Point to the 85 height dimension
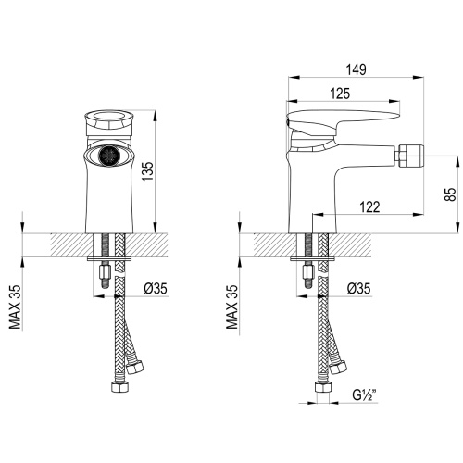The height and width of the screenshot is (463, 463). tap(447, 195)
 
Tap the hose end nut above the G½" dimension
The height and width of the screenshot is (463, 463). tap(326, 381)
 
